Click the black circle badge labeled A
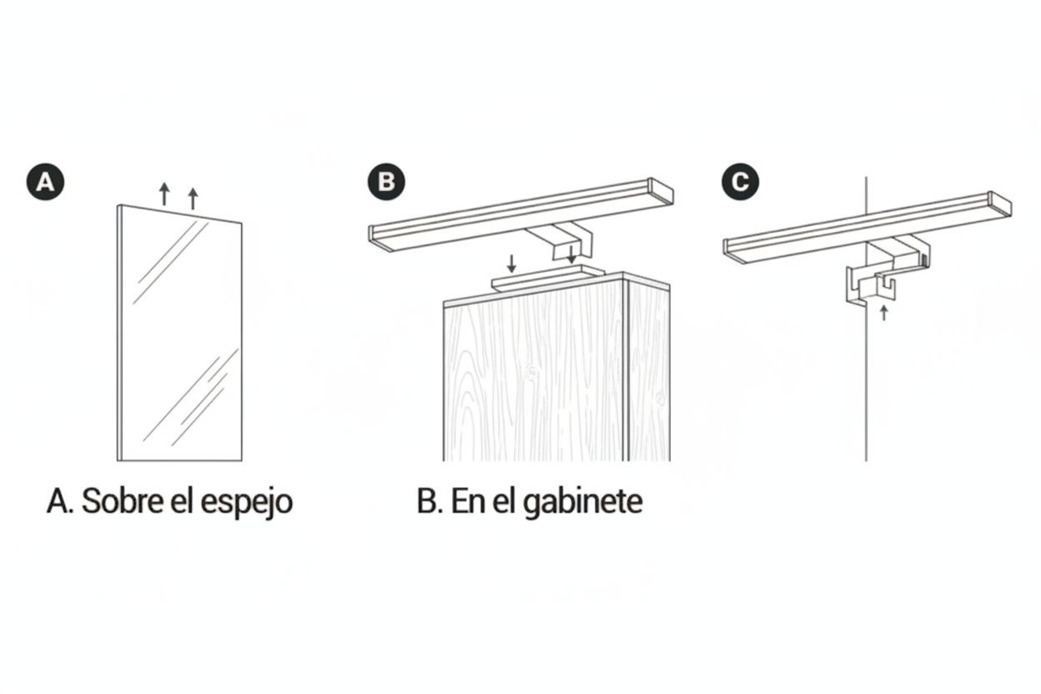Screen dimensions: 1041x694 point(45,182)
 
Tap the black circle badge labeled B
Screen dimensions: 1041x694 point(386,182)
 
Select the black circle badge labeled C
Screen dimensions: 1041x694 point(741,182)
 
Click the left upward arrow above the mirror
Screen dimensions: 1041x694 point(164,194)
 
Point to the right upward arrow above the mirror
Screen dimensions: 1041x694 point(194,199)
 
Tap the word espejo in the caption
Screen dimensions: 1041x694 point(246,504)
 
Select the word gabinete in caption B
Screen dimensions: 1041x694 point(583,503)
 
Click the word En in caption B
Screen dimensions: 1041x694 point(467,501)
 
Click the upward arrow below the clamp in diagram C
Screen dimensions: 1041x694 point(884,313)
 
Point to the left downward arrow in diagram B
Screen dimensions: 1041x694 point(511,264)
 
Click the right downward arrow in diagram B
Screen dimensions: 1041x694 point(571,254)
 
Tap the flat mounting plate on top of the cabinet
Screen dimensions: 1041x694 point(548,278)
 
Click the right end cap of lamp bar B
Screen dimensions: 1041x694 point(661,191)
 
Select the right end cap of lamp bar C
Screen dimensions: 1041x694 point(1000,204)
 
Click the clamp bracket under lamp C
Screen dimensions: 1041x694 point(869,286)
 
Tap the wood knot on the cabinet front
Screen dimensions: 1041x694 point(531,372)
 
